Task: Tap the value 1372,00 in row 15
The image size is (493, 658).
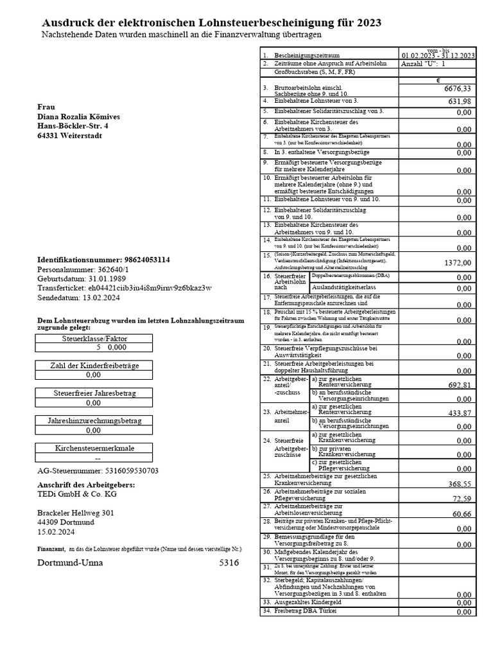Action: click(x=458, y=263)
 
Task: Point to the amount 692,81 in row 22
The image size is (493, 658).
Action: click(x=460, y=385)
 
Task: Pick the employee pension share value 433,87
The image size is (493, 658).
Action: click(x=460, y=413)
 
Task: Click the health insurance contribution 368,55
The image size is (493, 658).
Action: click(x=460, y=484)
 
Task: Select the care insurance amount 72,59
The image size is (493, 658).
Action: click(x=462, y=499)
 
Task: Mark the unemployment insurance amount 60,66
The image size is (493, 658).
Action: click(x=462, y=514)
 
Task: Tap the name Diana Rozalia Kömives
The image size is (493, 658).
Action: click(x=78, y=117)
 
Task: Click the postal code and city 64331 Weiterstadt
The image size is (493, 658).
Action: click(x=69, y=136)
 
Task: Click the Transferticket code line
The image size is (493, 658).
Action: click(x=124, y=288)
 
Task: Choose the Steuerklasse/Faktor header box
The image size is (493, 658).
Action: click(x=94, y=338)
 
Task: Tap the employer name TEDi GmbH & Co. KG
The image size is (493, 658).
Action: click(x=77, y=494)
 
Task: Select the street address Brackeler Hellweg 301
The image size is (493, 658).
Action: click(x=76, y=513)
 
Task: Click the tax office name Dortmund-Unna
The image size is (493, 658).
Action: click(x=69, y=563)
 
